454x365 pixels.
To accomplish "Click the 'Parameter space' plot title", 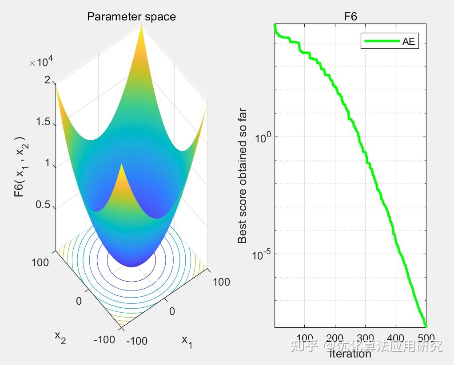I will click(131, 17).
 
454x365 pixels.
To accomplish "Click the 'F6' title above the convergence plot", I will click(350, 17).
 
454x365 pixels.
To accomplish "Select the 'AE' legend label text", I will click(409, 42).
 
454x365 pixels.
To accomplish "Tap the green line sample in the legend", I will click(382, 42).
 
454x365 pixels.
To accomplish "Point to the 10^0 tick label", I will click(263, 138).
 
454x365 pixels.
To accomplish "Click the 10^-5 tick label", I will click(261, 255).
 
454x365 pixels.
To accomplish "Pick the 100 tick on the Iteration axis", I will click(305, 338).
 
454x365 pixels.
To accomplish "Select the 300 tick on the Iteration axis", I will click(366, 338).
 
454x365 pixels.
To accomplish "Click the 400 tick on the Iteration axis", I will click(396, 338).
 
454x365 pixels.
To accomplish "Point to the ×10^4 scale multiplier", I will click(41, 63).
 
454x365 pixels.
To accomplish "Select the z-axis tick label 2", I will click(48, 80).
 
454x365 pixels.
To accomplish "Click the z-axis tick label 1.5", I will click(43, 122).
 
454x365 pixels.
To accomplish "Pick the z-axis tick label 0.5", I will click(43, 205).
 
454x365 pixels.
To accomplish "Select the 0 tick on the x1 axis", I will click(172, 311).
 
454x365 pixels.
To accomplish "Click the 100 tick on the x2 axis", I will click(40, 263).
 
